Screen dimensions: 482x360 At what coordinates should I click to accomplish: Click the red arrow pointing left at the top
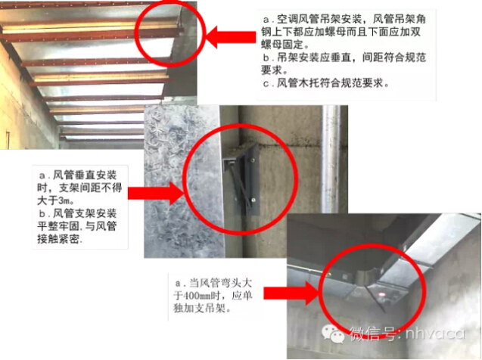(230, 37)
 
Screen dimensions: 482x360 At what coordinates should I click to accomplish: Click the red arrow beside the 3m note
(156, 193)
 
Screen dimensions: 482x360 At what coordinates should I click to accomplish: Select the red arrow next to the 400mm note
(291, 293)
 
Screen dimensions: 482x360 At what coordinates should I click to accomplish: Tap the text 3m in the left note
(64, 201)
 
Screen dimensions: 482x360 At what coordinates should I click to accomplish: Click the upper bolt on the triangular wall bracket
(253, 160)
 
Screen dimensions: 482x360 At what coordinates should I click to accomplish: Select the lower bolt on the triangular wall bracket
(253, 200)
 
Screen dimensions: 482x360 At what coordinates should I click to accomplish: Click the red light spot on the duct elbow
(382, 295)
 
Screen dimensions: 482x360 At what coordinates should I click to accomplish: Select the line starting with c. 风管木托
(326, 82)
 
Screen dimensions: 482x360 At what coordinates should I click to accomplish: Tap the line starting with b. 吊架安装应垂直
(344, 57)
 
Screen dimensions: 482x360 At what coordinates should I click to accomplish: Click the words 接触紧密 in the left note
(58, 239)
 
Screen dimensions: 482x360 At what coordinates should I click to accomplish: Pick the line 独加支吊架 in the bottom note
(202, 309)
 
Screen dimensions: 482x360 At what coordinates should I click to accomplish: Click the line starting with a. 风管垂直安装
(78, 175)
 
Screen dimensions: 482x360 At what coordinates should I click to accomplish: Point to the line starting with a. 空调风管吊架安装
(344, 20)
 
